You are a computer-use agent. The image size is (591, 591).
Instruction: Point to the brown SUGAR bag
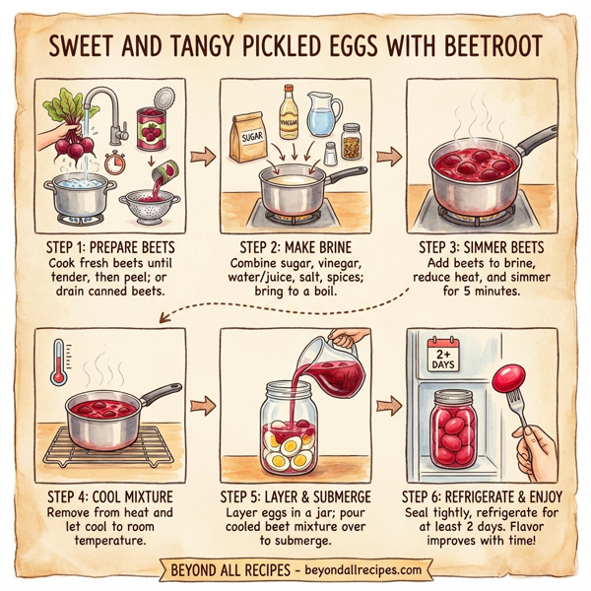point(248,136)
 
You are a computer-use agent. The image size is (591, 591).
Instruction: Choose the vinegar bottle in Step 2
point(288,113)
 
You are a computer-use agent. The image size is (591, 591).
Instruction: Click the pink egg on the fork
point(508,378)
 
